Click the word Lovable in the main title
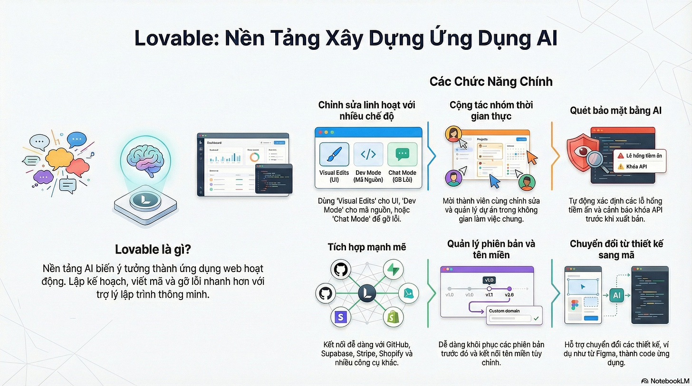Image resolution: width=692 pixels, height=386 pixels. tap(179, 38)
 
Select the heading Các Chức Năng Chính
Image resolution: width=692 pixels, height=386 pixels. tap(491, 81)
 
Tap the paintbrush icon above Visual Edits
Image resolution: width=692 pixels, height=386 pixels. tap(334, 154)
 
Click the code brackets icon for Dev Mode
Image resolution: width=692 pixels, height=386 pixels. tap(368, 154)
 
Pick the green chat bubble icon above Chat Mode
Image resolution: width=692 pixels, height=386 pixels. tap(402, 154)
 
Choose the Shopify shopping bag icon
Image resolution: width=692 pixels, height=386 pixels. tap(393, 317)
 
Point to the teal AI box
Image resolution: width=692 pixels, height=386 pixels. tap(617, 296)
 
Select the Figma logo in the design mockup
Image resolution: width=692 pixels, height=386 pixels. tap(575, 304)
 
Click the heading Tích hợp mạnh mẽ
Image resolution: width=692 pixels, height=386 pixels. tap(366, 247)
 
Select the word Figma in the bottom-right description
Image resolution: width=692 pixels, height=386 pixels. tap(617, 354)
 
